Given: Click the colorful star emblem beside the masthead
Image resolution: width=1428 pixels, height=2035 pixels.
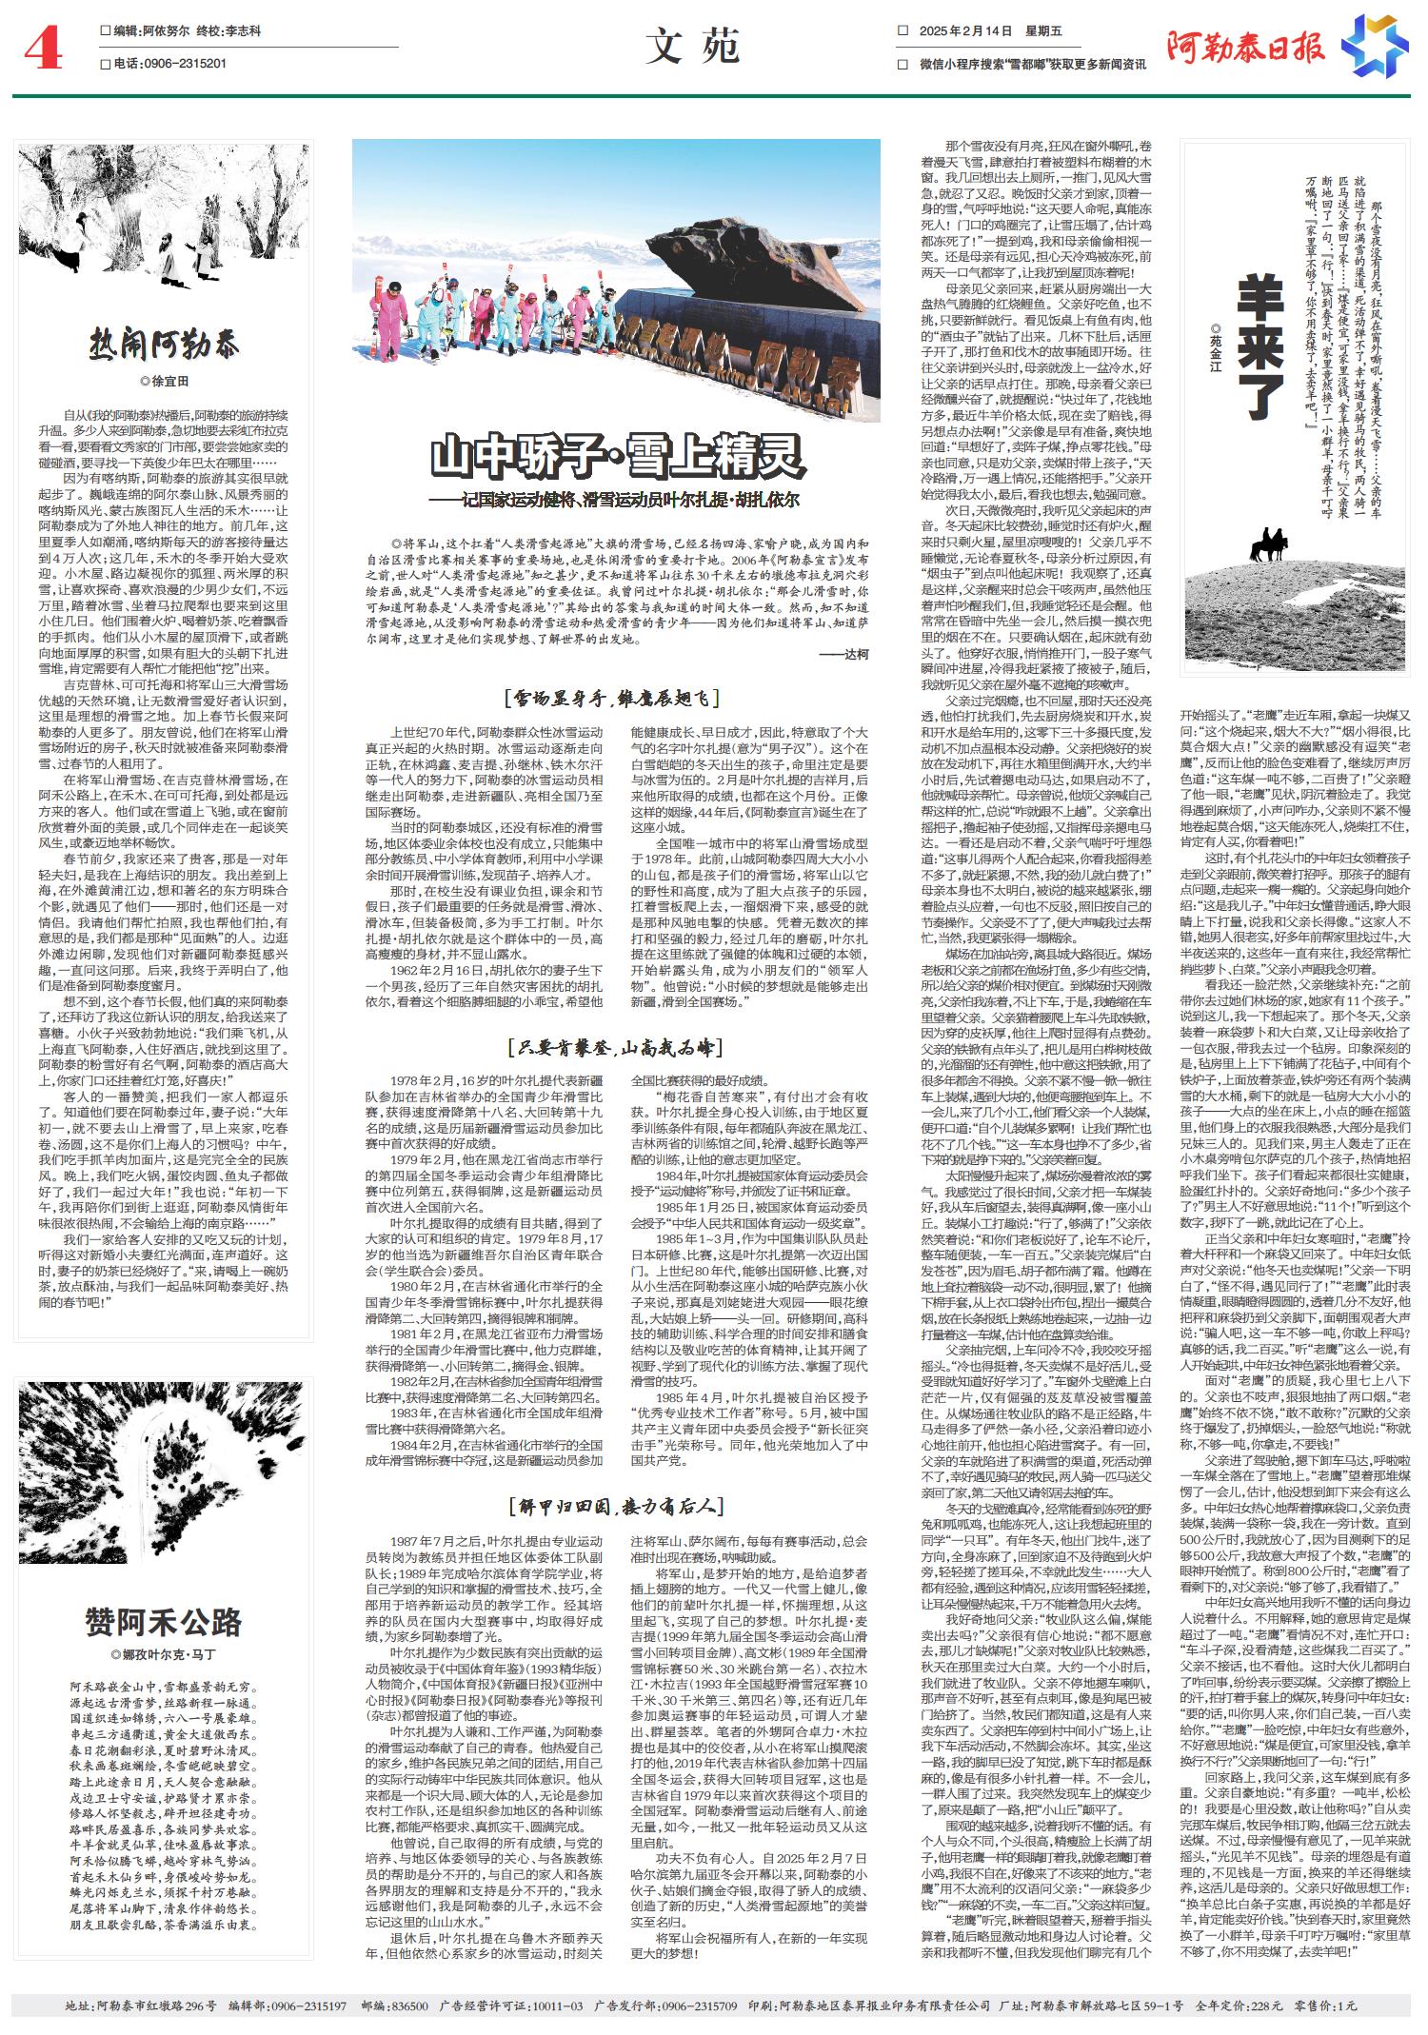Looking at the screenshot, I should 1375,46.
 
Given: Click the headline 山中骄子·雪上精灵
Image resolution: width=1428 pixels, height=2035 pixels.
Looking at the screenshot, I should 618,457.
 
